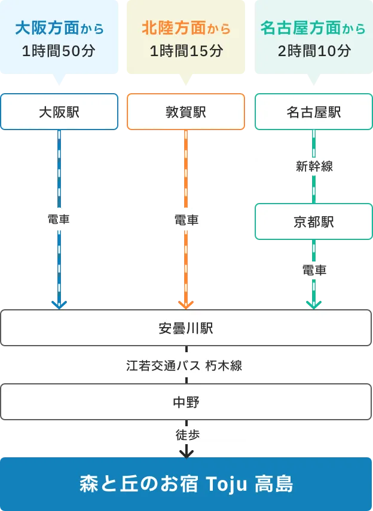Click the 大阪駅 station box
click(59, 112)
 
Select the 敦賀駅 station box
click(186, 112)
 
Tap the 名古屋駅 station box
click(314, 112)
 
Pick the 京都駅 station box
click(314, 222)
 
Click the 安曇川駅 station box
click(186, 328)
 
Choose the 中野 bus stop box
click(186, 402)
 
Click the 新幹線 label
click(314, 167)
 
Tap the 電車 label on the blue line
click(59, 220)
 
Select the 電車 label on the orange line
click(186, 220)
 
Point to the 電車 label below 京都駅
click(314, 270)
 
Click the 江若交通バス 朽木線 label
click(185, 364)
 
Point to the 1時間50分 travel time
click(59, 51)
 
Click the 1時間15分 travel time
click(186, 51)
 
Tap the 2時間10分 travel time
click(314, 51)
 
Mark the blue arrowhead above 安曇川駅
click(59, 304)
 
